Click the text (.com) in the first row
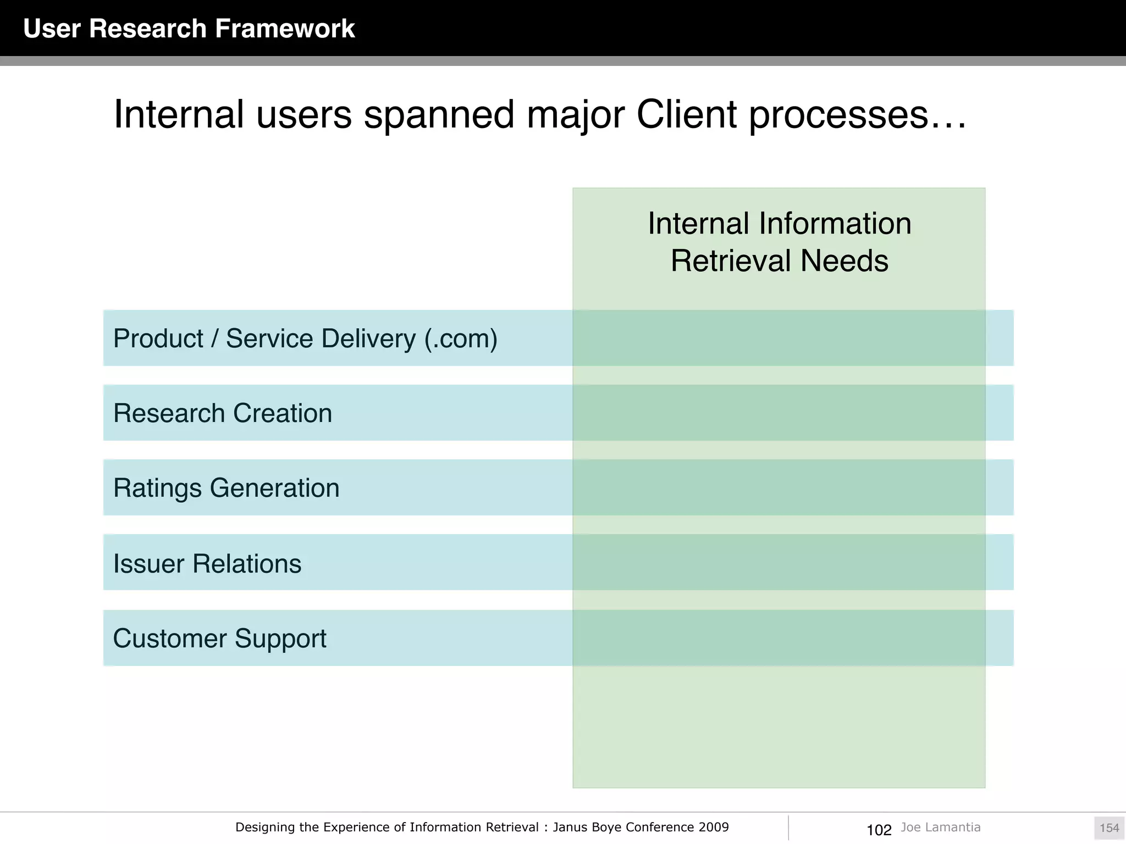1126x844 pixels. click(x=461, y=338)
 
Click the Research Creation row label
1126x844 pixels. click(x=223, y=413)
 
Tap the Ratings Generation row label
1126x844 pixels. click(x=226, y=488)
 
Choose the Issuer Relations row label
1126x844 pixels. click(x=207, y=564)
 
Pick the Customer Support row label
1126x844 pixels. click(x=219, y=638)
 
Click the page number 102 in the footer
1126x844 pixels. click(x=879, y=830)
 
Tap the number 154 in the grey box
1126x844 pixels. click(x=1109, y=828)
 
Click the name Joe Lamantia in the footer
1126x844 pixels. click(x=940, y=827)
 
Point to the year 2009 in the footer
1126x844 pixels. click(x=714, y=827)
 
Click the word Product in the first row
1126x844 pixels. click(x=158, y=338)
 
